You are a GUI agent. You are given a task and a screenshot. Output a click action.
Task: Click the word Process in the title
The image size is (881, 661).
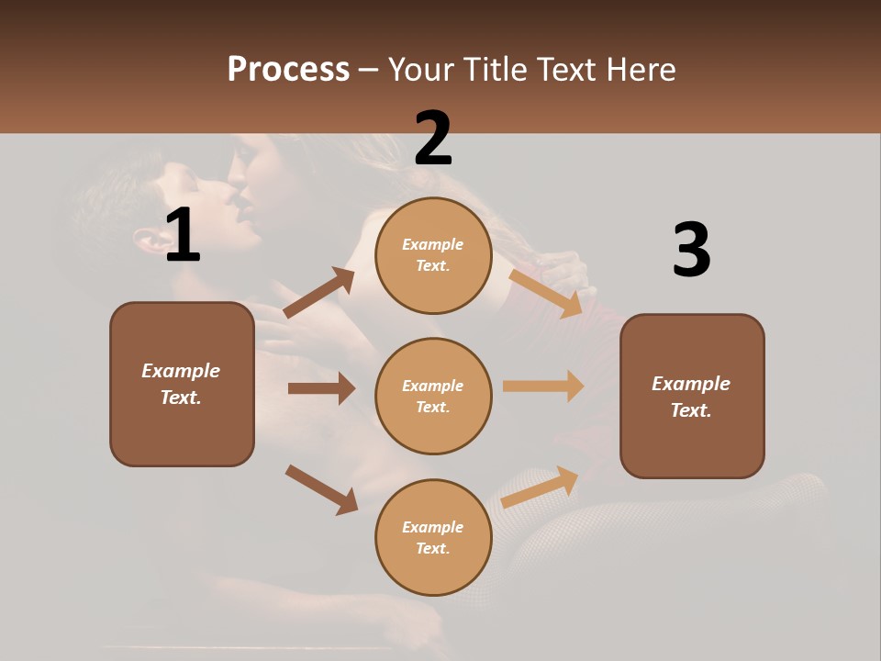pyautogui.click(x=288, y=70)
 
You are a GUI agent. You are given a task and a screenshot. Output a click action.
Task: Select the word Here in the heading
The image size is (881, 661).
pyautogui.click(x=640, y=70)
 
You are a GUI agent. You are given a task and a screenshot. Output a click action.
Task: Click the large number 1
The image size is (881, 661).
pyautogui.click(x=183, y=235)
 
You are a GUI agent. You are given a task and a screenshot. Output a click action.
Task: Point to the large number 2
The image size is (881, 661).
pyautogui.click(x=433, y=138)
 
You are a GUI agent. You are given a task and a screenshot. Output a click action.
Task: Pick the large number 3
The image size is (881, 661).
pyautogui.click(x=691, y=250)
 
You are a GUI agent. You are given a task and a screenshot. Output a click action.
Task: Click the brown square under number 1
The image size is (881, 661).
pyautogui.click(x=182, y=384)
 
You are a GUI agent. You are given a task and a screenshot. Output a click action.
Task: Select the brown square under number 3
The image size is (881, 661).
pyautogui.click(x=692, y=396)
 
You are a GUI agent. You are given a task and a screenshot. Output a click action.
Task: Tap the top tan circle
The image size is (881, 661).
pyautogui.click(x=433, y=255)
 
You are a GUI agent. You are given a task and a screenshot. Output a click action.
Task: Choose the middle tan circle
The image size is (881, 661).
pyautogui.click(x=433, y=396)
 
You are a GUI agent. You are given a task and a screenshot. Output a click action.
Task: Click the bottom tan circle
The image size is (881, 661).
pyautogui.click(x=433, y=537)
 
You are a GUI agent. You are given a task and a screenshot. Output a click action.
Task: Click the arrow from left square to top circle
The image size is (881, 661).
pyautogui.click(x=319, y=293)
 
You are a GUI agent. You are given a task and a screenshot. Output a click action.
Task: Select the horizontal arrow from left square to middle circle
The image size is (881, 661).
pyautogui.click(x=320, y=388)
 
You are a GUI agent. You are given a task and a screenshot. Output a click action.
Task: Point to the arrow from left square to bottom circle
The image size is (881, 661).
pyautogui.click(x=321, y=489)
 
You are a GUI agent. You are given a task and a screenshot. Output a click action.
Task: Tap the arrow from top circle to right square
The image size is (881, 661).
pyautogui.click(x=546, y=293)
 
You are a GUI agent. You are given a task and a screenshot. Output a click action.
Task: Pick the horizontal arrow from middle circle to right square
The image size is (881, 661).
pyautogui.click(x=543, y=387)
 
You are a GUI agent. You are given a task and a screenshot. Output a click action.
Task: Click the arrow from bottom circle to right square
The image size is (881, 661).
pyautogui.click(x=541, y=487)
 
